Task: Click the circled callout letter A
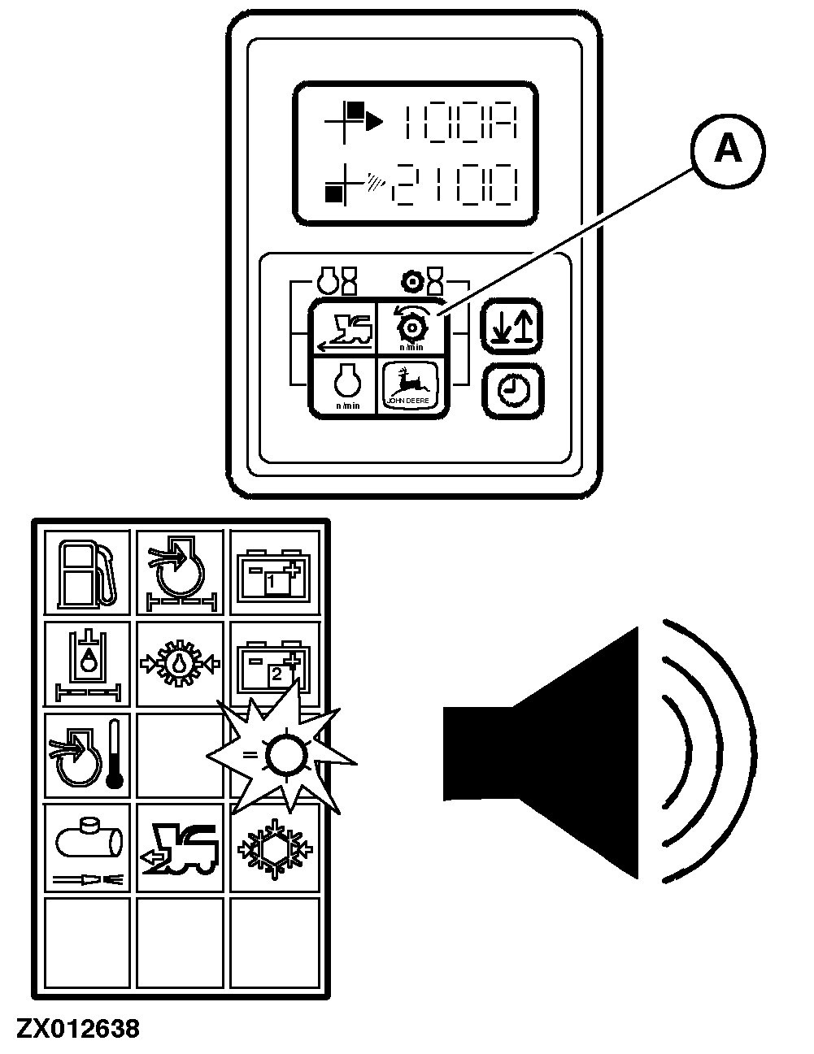tap(728, 150)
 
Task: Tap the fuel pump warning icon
tap(86, 572)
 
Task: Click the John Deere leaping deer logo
tap(411, 384)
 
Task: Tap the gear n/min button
tap(411, 327)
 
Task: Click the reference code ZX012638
tap(76, 1029)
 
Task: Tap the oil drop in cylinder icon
tap(86, 662)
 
